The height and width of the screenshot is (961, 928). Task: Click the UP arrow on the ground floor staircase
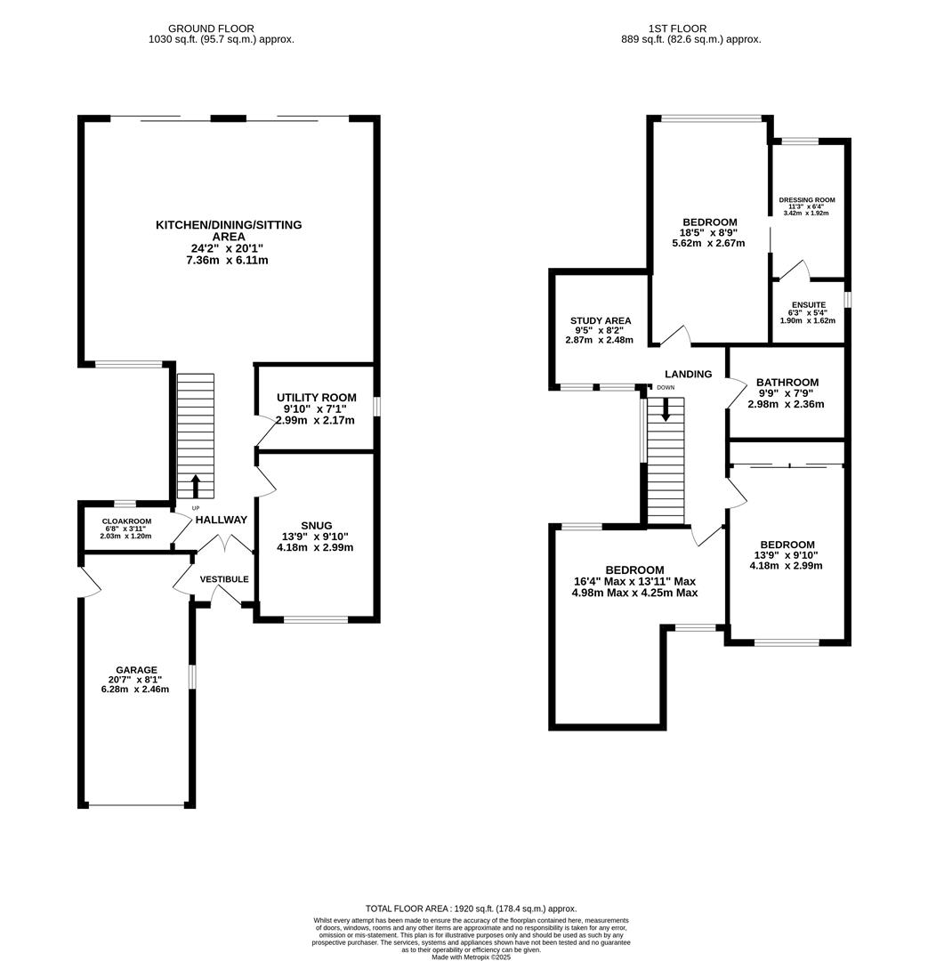tap(196, 487)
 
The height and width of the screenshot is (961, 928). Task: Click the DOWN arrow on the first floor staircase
tap(666, 410)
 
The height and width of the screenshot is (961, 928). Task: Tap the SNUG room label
tap(316, 526)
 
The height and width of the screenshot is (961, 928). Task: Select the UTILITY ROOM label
tap(316, 398)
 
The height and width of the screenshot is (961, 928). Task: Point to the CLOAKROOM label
tap(126, 521)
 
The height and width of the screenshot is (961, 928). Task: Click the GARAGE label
tap(136, 670)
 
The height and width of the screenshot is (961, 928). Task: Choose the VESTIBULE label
tap(224, 579)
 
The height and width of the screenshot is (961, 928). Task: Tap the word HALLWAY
tap(222, 520)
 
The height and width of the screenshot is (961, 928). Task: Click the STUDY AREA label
tap(601, 321)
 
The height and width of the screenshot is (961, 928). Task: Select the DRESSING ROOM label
tap(807, 200)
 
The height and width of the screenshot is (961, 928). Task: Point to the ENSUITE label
tap(808, 305)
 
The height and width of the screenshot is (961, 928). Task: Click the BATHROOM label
tap(787, 383)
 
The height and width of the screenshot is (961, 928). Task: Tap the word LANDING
tap(688, 375)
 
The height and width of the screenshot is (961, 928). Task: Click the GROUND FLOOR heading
tap(211, 28)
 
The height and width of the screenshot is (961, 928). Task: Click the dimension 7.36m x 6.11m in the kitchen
tap(227, 261)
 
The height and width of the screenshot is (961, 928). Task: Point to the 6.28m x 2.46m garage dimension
tap(136, 689)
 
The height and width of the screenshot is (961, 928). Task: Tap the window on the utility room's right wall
tap(377, 406)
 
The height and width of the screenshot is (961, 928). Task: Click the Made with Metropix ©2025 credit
tap(471, 957)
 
